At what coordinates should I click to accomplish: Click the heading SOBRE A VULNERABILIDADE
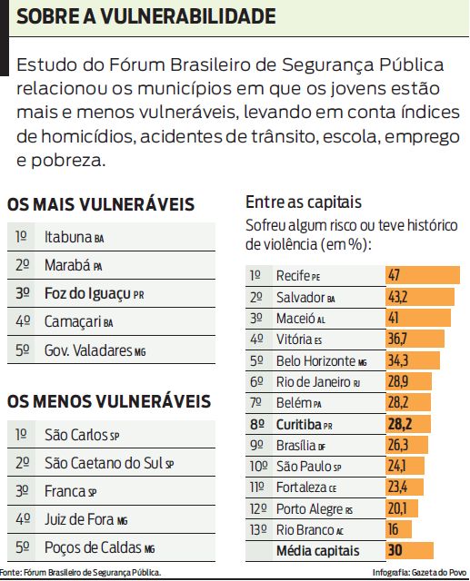146,15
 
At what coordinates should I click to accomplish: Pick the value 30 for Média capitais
394,550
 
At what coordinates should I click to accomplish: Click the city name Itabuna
68,237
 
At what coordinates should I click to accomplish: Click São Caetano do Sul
104,463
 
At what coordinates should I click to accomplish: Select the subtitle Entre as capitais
304,202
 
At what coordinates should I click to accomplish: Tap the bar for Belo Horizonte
415,360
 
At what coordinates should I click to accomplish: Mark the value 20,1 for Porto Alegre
397,507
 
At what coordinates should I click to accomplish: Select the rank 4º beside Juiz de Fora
22,519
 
